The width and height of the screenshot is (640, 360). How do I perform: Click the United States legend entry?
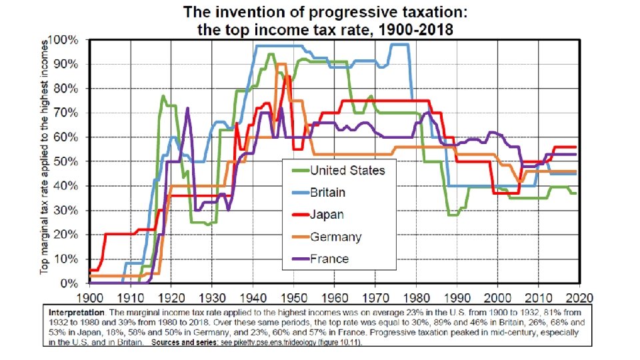[339, 170]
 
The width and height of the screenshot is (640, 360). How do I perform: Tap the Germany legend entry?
[327, 237]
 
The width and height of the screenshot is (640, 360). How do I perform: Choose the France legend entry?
[321, 259]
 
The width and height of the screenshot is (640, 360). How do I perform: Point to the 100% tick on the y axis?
[63, 40]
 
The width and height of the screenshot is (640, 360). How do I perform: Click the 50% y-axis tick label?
[66, 161]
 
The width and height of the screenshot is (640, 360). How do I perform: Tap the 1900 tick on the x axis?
[90, 297]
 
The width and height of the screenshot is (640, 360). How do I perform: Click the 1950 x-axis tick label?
[294, 297]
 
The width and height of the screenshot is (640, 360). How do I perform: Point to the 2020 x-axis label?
[579, 297]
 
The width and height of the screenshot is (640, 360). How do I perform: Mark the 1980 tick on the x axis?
[416, 297]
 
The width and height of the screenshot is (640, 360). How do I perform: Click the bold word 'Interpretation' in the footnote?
[77, 313]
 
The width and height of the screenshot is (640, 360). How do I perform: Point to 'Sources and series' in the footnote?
[183, 342]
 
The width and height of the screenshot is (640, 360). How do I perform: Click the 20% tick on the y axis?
[66, 235]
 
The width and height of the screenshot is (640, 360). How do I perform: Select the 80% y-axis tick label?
[66, 89]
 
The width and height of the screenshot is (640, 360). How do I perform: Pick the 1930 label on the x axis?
[212, 297]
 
